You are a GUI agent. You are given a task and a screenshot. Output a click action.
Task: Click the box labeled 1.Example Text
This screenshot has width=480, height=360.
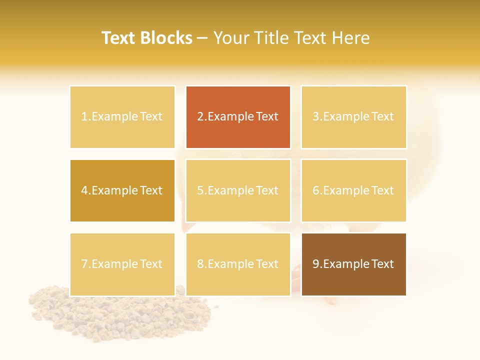122,117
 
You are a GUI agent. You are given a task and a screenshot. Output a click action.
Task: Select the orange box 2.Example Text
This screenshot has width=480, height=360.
238,117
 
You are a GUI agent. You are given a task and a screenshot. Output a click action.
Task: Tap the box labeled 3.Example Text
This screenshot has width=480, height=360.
353,117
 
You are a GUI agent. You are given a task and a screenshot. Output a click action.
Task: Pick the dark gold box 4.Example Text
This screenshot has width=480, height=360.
122,190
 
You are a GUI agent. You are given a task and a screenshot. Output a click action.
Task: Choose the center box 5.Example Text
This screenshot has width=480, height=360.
238,190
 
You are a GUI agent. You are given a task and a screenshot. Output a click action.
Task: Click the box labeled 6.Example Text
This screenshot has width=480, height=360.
353,190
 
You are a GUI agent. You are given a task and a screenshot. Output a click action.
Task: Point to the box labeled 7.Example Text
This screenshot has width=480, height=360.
122,264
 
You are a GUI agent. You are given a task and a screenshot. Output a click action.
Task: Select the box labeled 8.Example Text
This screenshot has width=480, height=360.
238,264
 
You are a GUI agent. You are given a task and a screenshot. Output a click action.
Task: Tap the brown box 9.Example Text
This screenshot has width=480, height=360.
353,264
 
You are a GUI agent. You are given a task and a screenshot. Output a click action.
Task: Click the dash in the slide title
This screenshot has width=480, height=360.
202,38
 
